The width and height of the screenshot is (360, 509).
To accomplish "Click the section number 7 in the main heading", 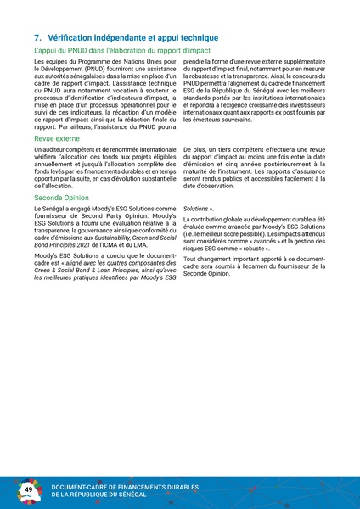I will (37, 39).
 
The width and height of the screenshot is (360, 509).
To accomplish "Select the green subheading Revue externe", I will (57, 138).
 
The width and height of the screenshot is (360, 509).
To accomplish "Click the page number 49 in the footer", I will (28, 490).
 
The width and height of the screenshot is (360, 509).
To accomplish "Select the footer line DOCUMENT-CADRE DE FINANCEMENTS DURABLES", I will (125, 486).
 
